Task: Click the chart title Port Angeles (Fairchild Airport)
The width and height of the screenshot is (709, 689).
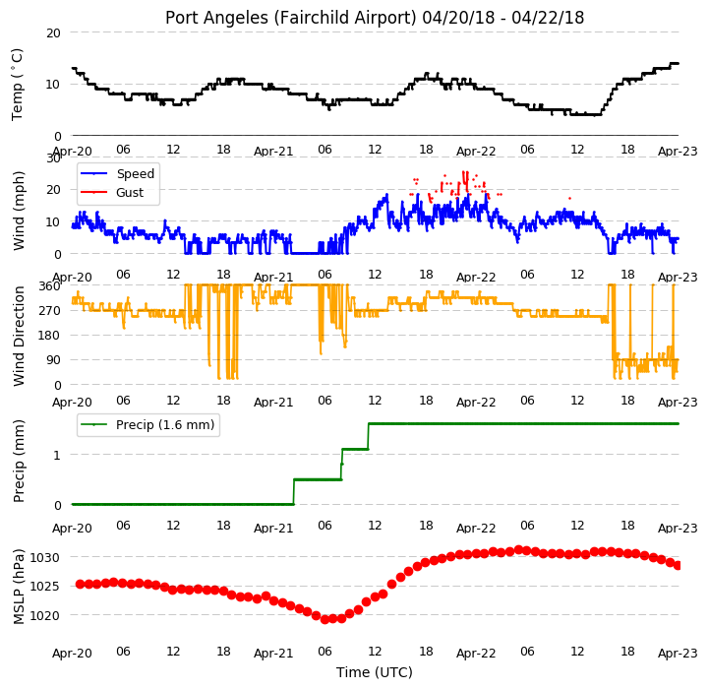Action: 290,18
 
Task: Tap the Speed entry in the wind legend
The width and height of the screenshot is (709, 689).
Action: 135,174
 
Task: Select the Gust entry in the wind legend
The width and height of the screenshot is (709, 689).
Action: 130,192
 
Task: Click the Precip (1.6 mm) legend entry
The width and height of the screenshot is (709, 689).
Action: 165,424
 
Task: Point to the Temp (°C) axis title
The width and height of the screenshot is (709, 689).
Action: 17,85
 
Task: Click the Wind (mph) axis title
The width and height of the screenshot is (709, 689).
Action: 19,211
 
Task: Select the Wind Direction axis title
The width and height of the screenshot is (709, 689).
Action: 19,336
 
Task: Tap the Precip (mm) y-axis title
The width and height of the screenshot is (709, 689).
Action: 19,461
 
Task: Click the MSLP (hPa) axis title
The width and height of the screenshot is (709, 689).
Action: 19,587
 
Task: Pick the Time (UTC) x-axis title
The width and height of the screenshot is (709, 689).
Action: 375,672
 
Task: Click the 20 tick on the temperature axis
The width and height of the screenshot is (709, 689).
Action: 53,33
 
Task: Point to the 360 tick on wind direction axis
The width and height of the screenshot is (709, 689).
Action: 50,286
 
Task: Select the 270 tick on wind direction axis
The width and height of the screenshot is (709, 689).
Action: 50,311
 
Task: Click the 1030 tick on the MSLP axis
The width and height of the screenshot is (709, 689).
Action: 45,557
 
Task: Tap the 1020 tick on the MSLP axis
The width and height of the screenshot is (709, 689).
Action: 45,615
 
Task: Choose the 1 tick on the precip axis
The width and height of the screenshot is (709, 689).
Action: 56,455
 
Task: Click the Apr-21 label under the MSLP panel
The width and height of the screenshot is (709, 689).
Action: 273,654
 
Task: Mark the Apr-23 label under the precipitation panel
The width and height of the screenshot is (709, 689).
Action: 678,529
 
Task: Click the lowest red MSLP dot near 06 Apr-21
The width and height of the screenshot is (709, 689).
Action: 325,619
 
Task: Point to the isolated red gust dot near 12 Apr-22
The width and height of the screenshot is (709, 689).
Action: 569,198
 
